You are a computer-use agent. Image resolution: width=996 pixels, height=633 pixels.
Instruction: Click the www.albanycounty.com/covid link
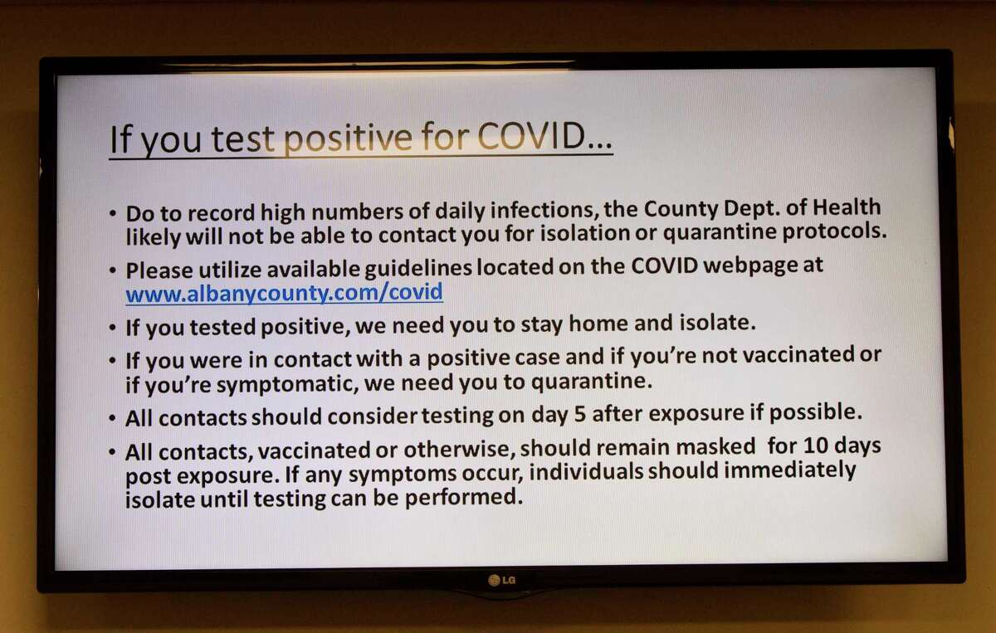click(x=284, y=293)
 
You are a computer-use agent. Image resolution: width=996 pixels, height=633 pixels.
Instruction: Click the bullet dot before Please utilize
click(x=113, y=271)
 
